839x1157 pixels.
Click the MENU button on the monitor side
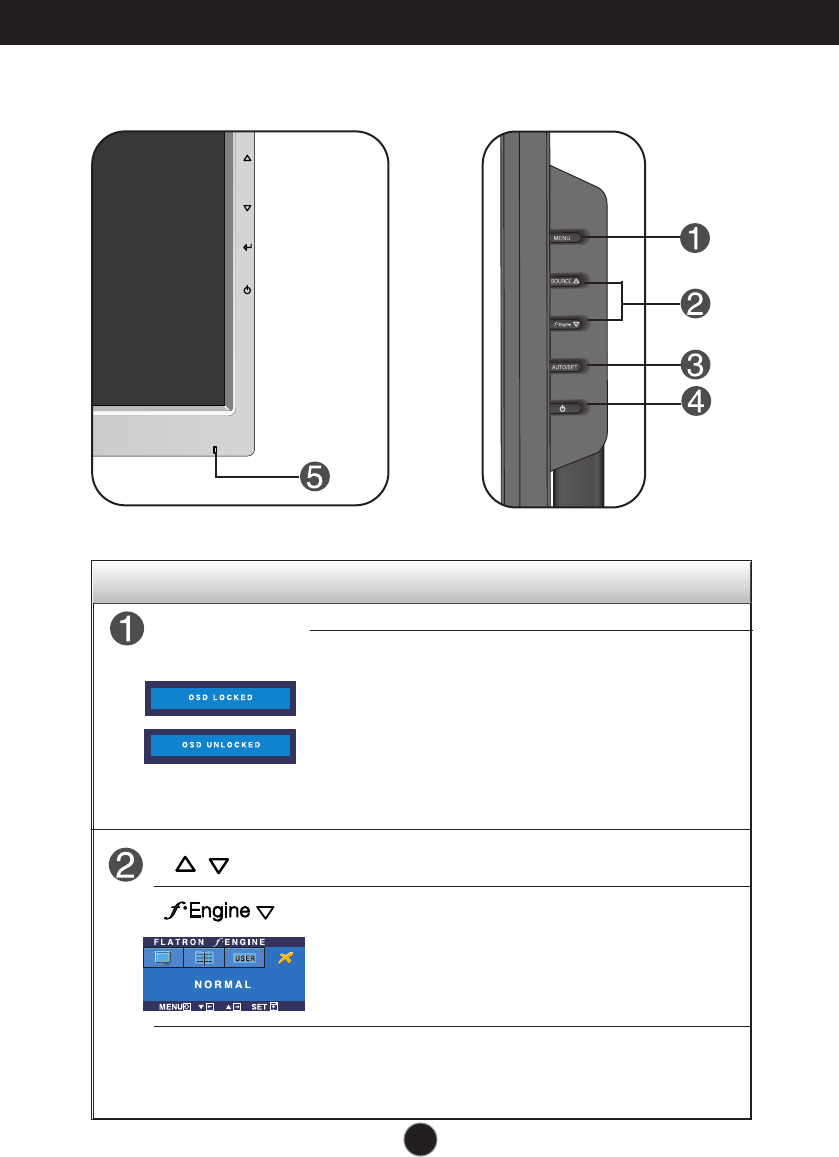pos(566,238)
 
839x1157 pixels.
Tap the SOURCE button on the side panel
pos(566,281)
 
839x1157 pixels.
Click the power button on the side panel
pos(565,407)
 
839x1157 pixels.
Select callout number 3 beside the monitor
pos(695,363)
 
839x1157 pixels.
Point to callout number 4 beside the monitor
pos(695,402)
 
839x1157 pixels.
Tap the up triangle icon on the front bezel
pos(247,158)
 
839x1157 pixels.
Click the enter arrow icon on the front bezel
pos(247,246)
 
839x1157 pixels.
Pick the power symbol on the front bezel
pos(247,290)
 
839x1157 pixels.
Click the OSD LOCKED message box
pos(220,697)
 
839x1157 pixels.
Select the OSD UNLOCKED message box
pos(220,745)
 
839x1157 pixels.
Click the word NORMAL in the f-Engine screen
pos(222,985)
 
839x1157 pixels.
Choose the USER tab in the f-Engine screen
pos(245,958)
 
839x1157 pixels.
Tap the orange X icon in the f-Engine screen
pos(286,958)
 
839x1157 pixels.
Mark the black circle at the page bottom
pos(420,1137)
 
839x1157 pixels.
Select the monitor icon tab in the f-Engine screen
pos(162,958)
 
